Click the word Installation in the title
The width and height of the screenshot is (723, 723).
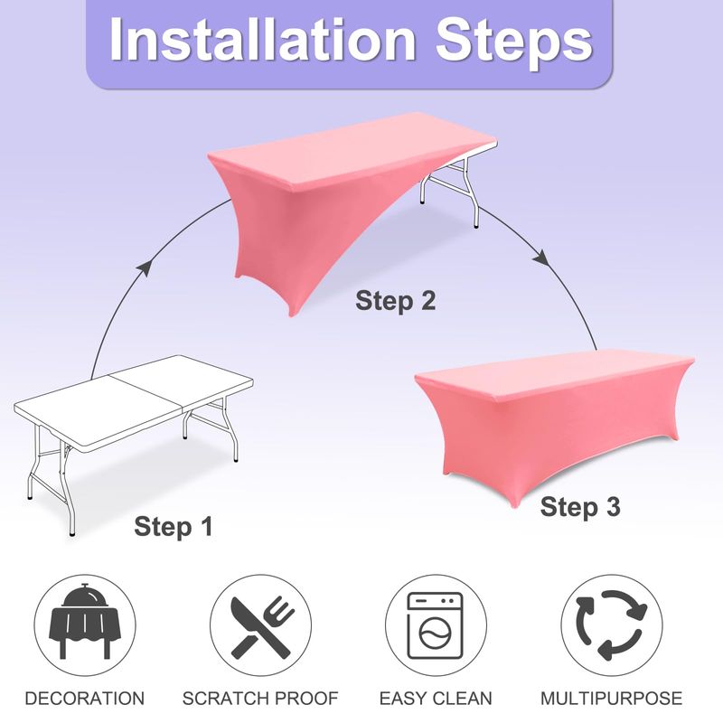263,39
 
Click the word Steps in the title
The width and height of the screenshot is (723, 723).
514,43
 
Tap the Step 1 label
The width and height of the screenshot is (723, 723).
174,526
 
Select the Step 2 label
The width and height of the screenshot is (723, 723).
395,301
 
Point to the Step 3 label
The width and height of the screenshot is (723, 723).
580,507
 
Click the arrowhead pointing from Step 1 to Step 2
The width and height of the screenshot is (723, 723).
145,267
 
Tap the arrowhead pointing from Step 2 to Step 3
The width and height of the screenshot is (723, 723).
542,258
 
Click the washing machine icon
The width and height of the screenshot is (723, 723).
435,625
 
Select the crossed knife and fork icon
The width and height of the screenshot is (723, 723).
261,626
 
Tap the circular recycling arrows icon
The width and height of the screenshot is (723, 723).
612,625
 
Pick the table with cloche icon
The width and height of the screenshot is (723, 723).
85,620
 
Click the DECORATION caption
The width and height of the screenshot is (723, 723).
85,698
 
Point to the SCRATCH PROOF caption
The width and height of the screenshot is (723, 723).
260,698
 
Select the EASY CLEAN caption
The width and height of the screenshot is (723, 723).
436,698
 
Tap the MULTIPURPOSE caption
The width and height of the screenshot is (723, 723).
612,698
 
